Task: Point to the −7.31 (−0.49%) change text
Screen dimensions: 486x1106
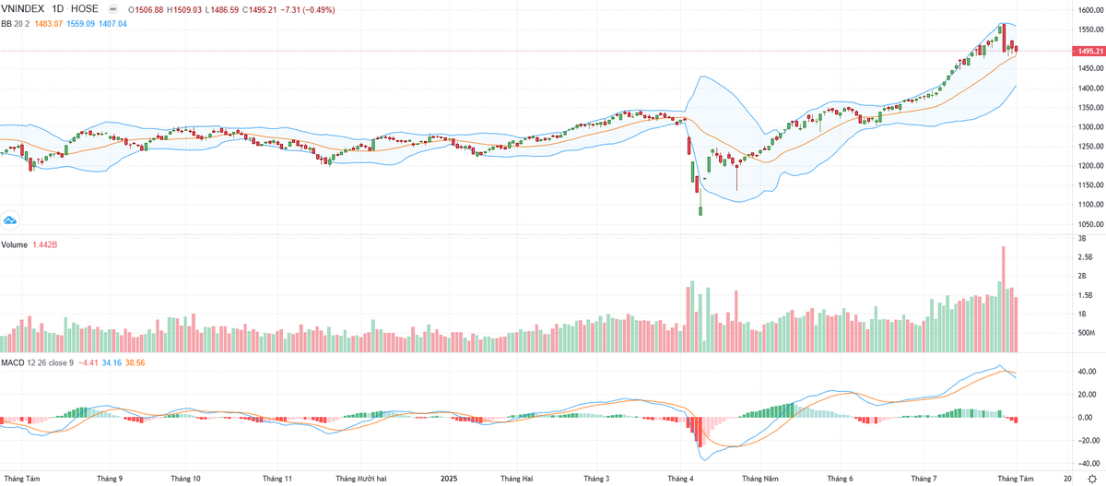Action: [x=308, y=10]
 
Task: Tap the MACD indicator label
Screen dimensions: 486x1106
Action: [x=14, y=362]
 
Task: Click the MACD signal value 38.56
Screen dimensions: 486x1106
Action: [x=135, y=362]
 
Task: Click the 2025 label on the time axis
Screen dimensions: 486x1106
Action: [x=449, y=479]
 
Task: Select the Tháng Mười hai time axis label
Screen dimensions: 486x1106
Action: [x=360, y=479]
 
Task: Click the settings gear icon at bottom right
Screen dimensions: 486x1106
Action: [x=1092, y=480]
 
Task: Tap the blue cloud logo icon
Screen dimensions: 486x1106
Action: [x=11, y=220]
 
